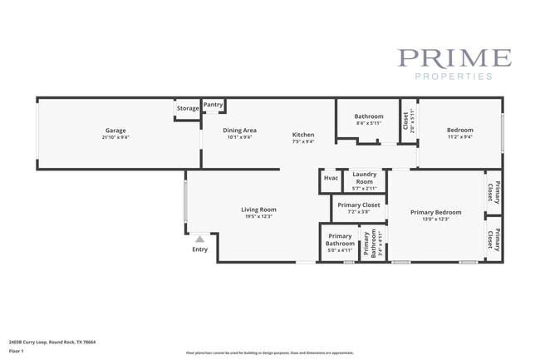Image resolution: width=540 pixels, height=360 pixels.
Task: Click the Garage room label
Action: pos(115,130)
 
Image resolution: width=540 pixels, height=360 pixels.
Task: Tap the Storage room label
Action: pos(188,108)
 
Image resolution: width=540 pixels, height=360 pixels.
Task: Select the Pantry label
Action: pos(214,105)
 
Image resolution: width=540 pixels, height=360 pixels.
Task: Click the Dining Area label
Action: pos(239,130)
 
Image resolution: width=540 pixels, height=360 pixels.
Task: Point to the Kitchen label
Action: pos(303,135)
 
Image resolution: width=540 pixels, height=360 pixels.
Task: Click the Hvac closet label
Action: pos(331,178)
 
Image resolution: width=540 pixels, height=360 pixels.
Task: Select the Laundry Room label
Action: pos(364,178)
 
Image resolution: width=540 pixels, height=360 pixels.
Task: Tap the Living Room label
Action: pos(258,210)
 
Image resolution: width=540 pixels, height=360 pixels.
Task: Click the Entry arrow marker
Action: pos(199,239)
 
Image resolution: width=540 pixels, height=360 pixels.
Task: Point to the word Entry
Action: pos(199,249)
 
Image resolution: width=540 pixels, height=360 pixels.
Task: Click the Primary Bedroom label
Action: pos(435,212)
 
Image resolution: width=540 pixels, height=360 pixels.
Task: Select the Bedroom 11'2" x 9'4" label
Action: pos(459,130)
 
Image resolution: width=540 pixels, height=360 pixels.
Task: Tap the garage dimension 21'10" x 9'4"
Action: pos(115,137)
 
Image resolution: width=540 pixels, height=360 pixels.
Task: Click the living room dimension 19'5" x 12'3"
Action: pos(258,217)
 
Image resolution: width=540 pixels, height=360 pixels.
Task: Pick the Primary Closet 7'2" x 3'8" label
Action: pos(359,205)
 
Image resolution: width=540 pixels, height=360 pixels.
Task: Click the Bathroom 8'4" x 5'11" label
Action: pos(369,116)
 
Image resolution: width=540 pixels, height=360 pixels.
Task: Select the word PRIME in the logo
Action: pos(454,58)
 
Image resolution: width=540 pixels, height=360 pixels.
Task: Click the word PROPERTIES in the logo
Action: pos(454,76)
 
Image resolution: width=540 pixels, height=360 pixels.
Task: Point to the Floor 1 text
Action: pos(17,351)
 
